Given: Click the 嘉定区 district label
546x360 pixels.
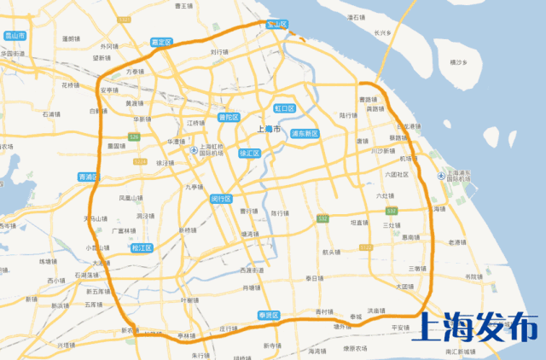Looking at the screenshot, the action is (x=160, y=41).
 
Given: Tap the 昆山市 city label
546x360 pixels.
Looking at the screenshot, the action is (x=15, y=36).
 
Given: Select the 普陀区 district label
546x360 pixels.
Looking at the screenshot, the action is (x=229, y=118).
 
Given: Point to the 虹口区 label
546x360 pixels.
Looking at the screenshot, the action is (x=284, y=109).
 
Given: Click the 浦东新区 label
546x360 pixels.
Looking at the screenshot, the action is (x=304, y=134).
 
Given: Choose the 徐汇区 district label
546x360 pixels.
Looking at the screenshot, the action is (x=249, y=153).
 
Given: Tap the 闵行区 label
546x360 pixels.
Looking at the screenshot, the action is (x=222, y=198).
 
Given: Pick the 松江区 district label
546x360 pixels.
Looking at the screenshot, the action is (x=142, y=248).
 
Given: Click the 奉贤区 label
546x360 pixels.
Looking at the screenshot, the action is (x=270, y=315).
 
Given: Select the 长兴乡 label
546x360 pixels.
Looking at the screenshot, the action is (x=381, y=33).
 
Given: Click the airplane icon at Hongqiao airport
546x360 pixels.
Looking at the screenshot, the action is (x=195, y=151).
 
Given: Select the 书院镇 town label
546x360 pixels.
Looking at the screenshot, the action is (x=473, y=276).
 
